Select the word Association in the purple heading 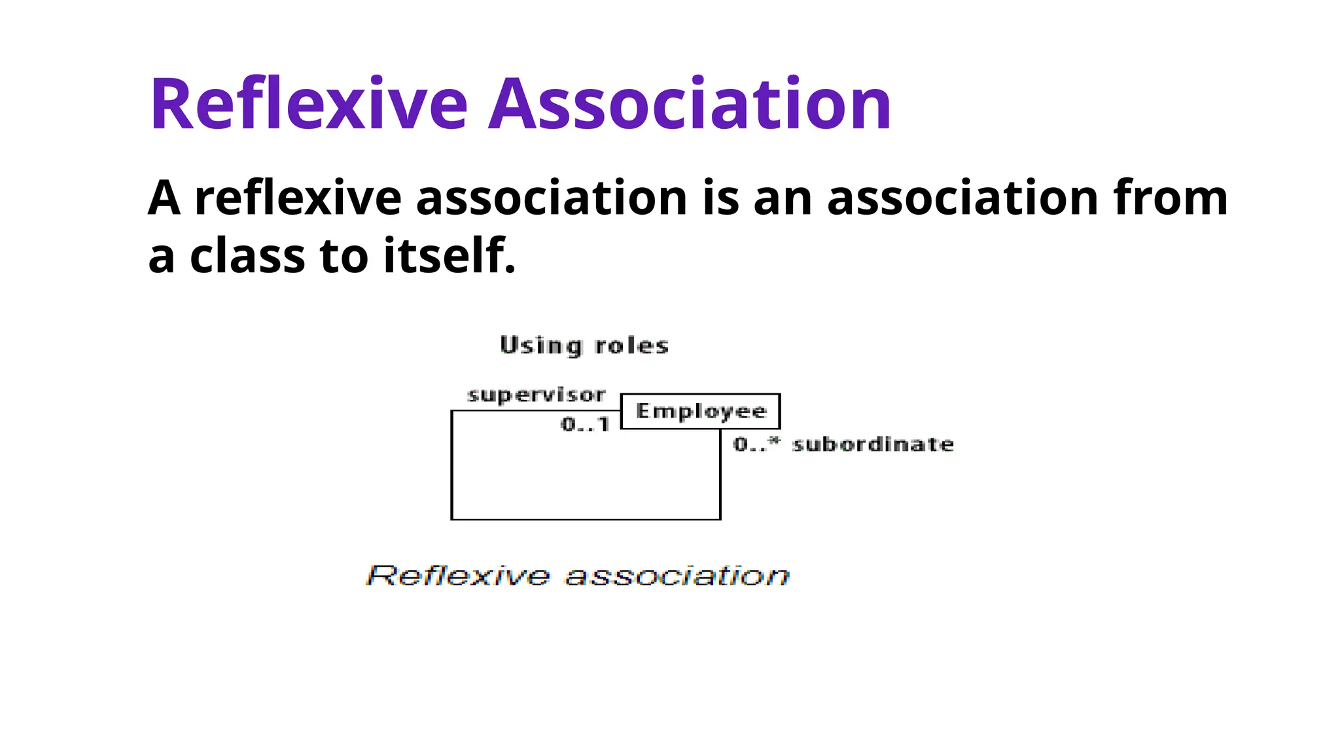coord(690,105)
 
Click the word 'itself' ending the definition coord(449,256)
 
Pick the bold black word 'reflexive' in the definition coord(298,198)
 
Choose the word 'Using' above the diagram coord(540,346)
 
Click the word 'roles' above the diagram coord(631,346)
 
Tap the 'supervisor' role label coord(537,395)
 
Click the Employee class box coord(700,411)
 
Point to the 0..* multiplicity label coord(756,444)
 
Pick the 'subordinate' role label coord(873,444)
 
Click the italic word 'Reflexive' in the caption coord(458,576)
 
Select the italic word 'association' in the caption coord(677,576)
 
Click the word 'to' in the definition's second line coord(344,256)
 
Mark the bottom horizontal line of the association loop coord(586,520)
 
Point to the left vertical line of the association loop coord(451,465)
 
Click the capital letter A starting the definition coord(164,198)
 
